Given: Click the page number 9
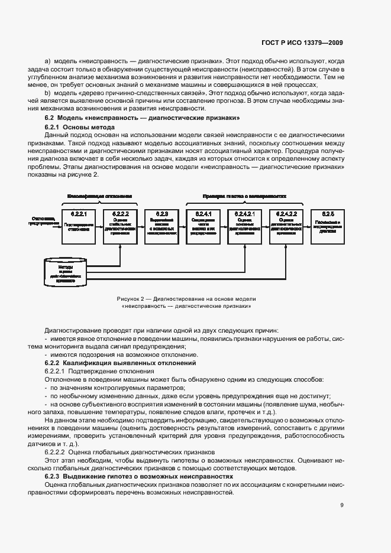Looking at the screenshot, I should pos(342,505).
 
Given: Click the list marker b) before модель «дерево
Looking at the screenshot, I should pos(47,93).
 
